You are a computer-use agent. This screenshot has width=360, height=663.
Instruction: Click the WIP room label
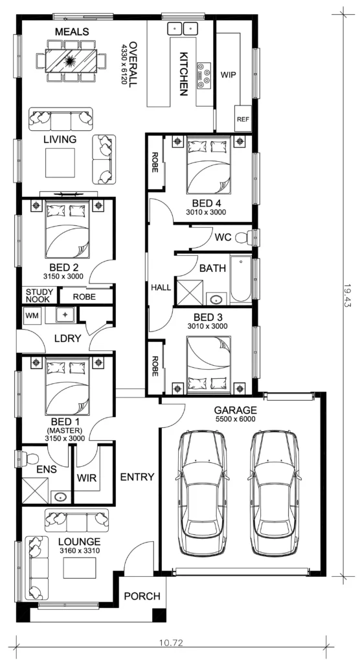(x=228, y=75)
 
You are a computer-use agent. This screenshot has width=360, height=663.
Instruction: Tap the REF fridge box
(x=243, y=118)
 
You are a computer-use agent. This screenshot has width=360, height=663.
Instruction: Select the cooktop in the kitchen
(x=204, y=76)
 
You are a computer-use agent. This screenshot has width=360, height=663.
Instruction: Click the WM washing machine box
(x=31, y=315)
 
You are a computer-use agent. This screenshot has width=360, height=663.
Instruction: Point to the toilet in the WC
(x=243, y=238)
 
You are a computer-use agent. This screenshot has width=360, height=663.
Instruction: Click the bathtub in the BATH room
(x=240, y=278)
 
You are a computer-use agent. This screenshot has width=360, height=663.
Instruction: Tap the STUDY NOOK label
(x=39, y=295)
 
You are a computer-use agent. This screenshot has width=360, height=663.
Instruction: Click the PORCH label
(x=142, y=596)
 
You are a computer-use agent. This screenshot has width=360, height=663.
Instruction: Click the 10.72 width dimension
(x=171, y=643)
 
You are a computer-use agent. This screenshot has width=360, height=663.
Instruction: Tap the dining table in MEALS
(x=71, y=60)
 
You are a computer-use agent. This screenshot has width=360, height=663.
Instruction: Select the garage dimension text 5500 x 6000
(x=235, y=419)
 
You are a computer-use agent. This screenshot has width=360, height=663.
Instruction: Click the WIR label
(x=87, y=478)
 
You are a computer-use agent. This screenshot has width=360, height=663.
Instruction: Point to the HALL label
(x=161, y=287)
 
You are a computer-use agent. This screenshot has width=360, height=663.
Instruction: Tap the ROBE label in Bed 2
(x=84, y=297)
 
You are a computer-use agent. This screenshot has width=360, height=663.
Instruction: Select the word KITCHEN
(x=183, y=74)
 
